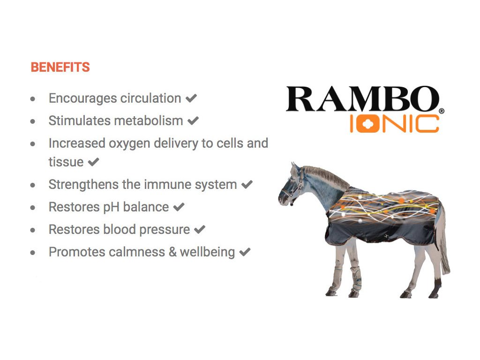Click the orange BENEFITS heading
(60, 67)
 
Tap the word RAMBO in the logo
(362, 99)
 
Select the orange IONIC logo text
(394, 123)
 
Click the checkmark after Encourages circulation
(191, 98)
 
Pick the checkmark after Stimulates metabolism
(193, 120)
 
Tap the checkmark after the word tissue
(93, 162)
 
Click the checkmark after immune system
(247, 184)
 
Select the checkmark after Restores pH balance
(179, 207)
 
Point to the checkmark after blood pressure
(200, 229)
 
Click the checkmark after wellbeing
(245, 252)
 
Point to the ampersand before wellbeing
(172, 252)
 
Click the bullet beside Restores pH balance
(33, 208)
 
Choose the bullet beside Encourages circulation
(33, 99)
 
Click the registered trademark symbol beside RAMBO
(442, 111)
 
